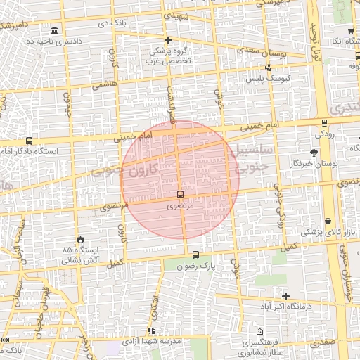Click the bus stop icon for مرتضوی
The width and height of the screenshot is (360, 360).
[180, 194]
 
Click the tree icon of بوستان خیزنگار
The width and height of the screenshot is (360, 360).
[314, 152]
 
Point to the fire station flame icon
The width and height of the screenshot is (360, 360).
[80, 240]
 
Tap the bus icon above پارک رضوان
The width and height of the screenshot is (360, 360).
[195, 255]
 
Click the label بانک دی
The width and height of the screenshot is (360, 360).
[114, 23]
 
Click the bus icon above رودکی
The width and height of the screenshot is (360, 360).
[323, 122]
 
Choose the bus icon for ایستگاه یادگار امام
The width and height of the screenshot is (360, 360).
[29, 141]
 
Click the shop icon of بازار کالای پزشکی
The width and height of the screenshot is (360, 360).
[328, 221]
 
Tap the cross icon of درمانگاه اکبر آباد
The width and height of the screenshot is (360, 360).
[285, 296]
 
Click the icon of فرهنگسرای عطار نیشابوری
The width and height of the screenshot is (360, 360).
[260, 332]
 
